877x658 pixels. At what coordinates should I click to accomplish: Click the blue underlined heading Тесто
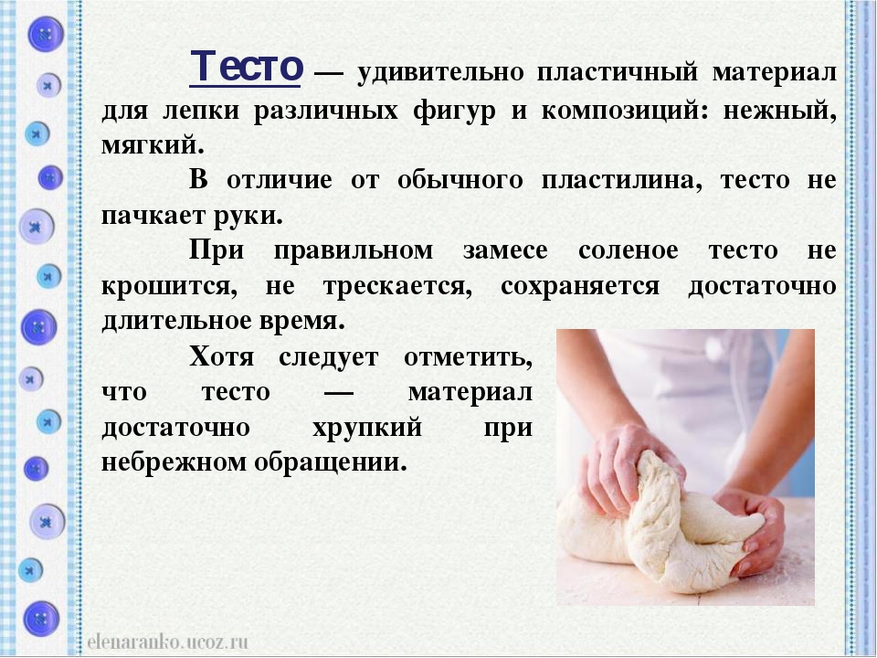(x=246, y=67)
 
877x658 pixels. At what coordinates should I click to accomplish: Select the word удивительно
(x=440, y=73)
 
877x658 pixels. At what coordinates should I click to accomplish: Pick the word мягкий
(x=153, y=145)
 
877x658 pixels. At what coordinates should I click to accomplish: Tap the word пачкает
(x=153, y=216)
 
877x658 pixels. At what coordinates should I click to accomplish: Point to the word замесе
(x=505, y=250)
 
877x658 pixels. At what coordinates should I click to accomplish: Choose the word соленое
(x=629, y=250)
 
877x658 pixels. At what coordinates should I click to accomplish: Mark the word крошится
(x=169, y=286)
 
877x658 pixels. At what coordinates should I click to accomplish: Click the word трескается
(x=397, y=286)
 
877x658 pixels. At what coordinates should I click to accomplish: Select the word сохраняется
(x=580, y=286)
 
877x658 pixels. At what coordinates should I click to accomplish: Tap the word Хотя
(x=221, y=356)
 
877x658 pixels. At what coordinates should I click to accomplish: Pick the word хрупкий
(x=367, y=429)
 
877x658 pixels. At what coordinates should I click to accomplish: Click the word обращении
(x=330, y=463)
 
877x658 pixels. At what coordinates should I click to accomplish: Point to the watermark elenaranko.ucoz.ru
(x=167, y=642)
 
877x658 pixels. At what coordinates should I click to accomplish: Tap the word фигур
(x=454, y=111)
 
